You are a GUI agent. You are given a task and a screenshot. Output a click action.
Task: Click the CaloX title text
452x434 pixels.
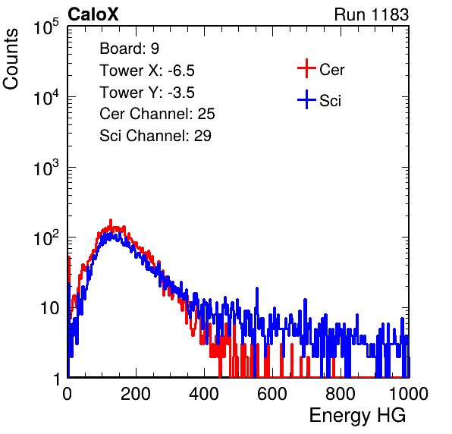click(x=93, y=14)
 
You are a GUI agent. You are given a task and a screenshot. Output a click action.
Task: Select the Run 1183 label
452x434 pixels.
click(x=372, y=14)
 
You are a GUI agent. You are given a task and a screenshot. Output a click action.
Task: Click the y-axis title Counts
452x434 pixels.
click(x=11, y=59)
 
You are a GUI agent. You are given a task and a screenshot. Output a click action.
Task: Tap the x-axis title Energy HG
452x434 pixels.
click(x=357, y=416)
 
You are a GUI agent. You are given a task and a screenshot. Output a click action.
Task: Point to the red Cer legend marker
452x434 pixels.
click(x=306, y=68)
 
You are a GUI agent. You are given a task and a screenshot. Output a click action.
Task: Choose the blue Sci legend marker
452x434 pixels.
click(x=306, y=99)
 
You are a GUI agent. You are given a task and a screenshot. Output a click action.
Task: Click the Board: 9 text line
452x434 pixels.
click(x=129, y=49)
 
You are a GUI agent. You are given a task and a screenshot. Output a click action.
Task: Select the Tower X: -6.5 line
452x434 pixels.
click(x=147, y=71)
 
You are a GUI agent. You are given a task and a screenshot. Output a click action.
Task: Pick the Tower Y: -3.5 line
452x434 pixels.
click(x=147, y=93)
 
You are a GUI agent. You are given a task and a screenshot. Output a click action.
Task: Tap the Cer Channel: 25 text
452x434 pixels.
click(x=157, y=114)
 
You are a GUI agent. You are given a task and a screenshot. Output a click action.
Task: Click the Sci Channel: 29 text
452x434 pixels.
click(x=155, y=136)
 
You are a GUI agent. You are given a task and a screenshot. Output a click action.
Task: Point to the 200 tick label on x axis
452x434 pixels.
click(x=136, y=394)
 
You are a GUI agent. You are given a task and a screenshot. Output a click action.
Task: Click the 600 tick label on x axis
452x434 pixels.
click(x=272, y=394)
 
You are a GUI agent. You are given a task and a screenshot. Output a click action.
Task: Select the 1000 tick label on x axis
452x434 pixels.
click(x=409, y=394)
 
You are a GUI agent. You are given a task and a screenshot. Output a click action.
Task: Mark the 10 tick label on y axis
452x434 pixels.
click(x=50, y=308)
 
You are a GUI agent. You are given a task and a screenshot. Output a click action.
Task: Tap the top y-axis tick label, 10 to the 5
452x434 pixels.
click(x=46, y=27)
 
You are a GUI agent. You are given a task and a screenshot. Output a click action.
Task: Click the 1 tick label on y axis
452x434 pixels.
click(x=57, y=379)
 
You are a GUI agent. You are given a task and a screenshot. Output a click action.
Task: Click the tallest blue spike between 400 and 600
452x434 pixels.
click(x=257, y=288)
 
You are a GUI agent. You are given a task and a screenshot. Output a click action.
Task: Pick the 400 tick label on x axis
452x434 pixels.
click(x=204, y=394)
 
